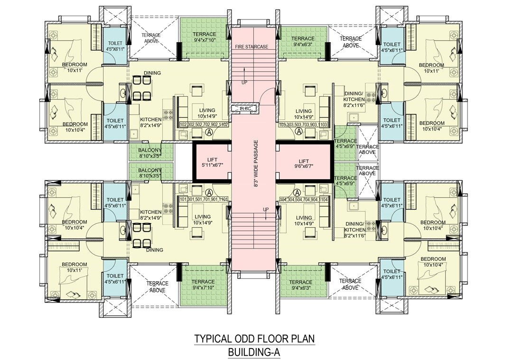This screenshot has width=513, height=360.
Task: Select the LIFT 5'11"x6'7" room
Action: click(x=211, y=162)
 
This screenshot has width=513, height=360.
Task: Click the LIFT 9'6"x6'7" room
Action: click(x=304, y=162)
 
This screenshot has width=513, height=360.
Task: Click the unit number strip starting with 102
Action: click(x=205, y=125)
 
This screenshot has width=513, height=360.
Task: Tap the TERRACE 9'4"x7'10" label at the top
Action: click(x=204, y=37)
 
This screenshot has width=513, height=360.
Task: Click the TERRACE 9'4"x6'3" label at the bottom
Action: click(x=303, y=284)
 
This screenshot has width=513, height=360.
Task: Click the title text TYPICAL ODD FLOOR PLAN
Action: click(x=255, y=339)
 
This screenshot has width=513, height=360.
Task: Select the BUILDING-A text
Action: click(x=255, y=352)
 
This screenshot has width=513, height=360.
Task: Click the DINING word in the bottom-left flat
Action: click(x=155, y=250)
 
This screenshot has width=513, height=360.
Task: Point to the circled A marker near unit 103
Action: click(x=298, y=133)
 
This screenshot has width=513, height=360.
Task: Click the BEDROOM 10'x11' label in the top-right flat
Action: click(x=431, y=68)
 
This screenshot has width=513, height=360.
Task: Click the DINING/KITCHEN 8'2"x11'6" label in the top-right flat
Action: click(x=354, y=99)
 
